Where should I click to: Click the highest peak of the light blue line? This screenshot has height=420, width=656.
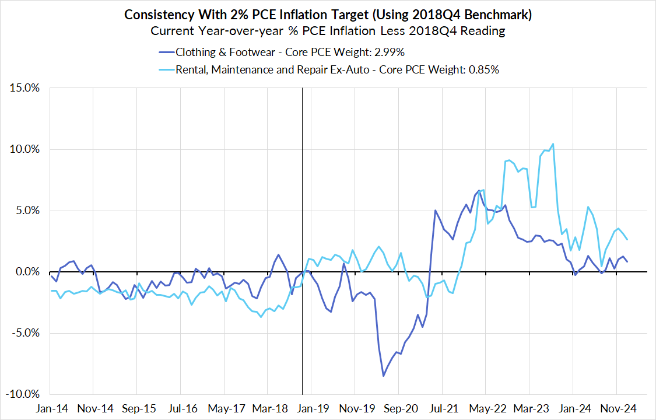(553, 143)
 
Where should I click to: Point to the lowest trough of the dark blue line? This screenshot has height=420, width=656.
(383, 376)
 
